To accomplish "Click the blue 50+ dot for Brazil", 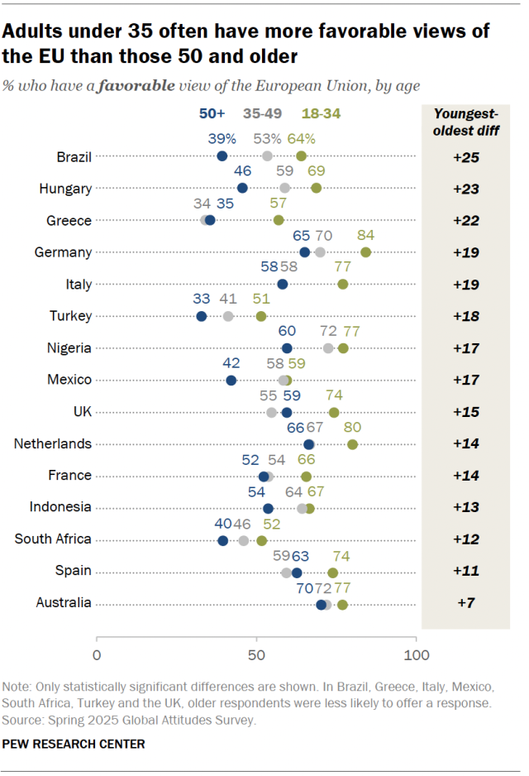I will (x=222, y=156).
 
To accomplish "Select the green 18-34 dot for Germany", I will (x=365, y=252).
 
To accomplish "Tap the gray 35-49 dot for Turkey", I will (x=228, y=316).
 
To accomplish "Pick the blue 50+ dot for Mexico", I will (x=231, y=381).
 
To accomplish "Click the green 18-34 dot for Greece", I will (x=279, y=220).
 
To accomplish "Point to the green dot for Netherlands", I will (x=353, y=444).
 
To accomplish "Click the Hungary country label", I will (x=65, y=189).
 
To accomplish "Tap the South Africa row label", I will (x=53, y=539).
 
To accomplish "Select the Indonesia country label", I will (x=60, y=507).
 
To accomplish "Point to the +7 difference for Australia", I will (x=466, y=604).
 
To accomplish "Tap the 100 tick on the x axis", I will (x=416, y=656).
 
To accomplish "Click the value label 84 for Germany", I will (x=365, y=236).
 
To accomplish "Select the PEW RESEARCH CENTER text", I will (x=74, y=744).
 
